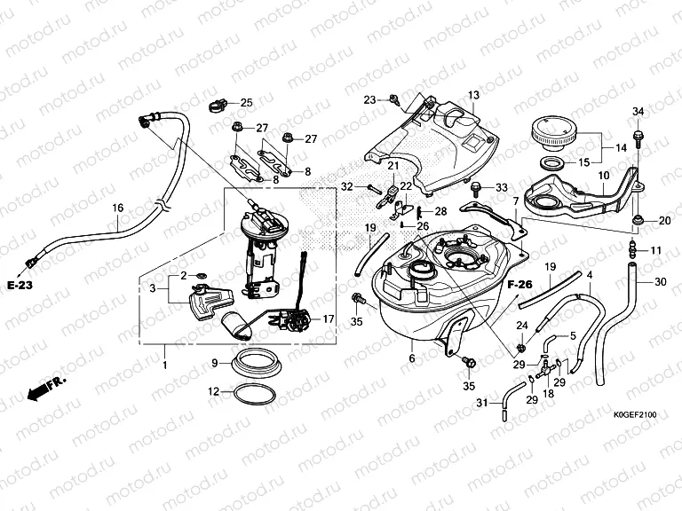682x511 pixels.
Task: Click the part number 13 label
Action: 473,95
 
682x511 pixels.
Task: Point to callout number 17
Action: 328,319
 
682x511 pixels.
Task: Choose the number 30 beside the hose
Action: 659,282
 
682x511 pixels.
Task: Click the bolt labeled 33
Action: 479,188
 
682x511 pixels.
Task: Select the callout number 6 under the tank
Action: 412,358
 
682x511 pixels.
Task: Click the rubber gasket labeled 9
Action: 256,363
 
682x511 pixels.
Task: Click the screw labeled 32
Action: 372,187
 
